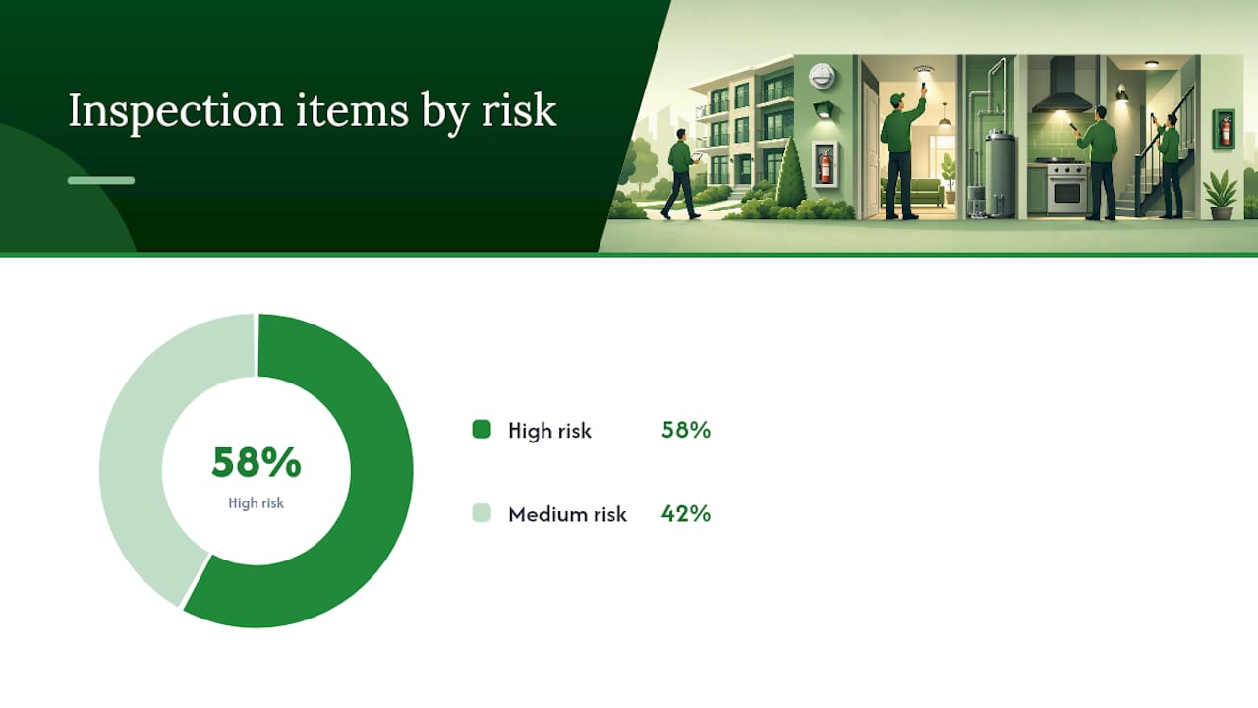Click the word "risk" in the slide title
[x=519, y=110]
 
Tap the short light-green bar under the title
[x=101, y=180]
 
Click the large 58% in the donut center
[x=257, y=462]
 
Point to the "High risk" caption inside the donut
[x=257, y=502]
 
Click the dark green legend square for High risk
[x=482, y=430]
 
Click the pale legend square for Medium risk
[x=482, y=513]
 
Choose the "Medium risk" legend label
[x=567, y=514]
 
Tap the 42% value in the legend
[x=686, y=513]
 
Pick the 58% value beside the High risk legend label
[x=686, y=430]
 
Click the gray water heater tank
[x=1001, y=173]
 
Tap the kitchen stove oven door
[x=1066, y=192]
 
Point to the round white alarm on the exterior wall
[x=823, y=76]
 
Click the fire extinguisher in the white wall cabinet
[x=825, y=166]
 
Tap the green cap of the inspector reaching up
[x=897, y=99]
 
